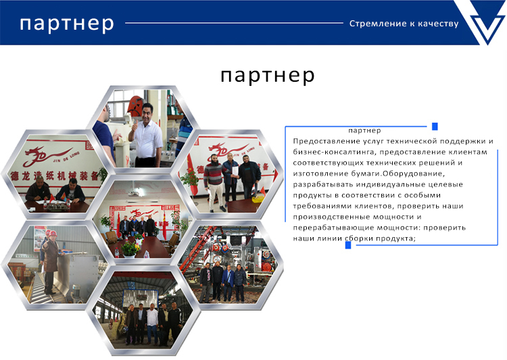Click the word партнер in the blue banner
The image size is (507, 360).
click(x=67, y=24)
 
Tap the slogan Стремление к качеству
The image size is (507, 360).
click(x=404, y=24)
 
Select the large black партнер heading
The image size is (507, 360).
click(x=268, y=76)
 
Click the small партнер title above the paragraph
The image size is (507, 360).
click(x=364, y=130)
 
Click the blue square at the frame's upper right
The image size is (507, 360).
click(x=435, y=126)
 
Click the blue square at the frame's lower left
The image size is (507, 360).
click(x=348, y=245)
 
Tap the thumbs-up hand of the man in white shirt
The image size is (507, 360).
click(x=135, y=126)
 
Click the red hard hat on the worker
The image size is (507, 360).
click(x=53, y=233)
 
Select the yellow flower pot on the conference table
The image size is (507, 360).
click(x=130, y=249)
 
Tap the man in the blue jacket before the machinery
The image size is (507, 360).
click(x=228, y=283)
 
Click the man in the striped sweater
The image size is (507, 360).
click(x=213, y=182)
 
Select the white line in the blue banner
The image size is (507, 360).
click(x=234, y=23)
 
